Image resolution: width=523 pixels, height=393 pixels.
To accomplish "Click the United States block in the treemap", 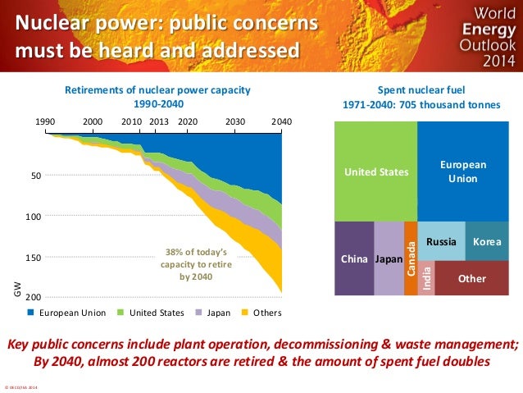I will [375, 171].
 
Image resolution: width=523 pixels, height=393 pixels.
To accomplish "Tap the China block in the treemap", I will [354, 258].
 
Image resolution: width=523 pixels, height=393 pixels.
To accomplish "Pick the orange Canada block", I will [411, 258].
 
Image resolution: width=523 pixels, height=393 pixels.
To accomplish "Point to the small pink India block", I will [426, 279].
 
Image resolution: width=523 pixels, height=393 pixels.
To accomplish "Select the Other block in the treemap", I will [471, 279].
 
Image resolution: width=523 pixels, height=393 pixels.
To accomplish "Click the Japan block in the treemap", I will [389, 258].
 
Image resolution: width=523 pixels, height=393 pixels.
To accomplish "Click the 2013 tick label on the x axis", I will [159, 120].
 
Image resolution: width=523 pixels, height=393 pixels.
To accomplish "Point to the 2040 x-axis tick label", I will [281, 120].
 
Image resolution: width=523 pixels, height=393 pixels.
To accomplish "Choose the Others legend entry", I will [267, 313].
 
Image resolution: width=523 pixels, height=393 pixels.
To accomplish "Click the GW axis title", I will [15, 290].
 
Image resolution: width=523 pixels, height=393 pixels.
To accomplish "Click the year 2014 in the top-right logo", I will [484, 60].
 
